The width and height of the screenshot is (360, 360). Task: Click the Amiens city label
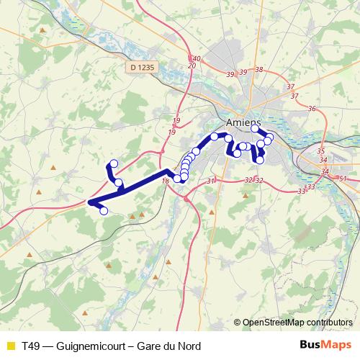click(x=242, y=122)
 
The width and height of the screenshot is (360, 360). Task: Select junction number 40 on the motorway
click(x=196, y=58)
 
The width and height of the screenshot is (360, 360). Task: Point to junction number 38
click(x=260, y=70)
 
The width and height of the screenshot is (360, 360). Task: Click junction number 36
click(x=312, y=109)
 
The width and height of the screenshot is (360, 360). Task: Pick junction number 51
click(x=343, y=179)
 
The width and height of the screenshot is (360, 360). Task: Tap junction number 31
click(x=210, y=181)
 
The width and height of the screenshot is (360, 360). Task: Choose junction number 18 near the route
click(x=166, y=181)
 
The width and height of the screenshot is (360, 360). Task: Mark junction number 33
click(x=302, y=192)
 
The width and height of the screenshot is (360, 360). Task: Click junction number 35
click(x=321, y=151)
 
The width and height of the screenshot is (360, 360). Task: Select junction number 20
click(x=192, y=66)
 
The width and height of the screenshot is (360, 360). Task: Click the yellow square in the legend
click(x=9, y=346)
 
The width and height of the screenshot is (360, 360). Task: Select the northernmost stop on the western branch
click(x=113, y=164)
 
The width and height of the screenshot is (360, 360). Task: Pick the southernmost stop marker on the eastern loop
click(x=260, y=160)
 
